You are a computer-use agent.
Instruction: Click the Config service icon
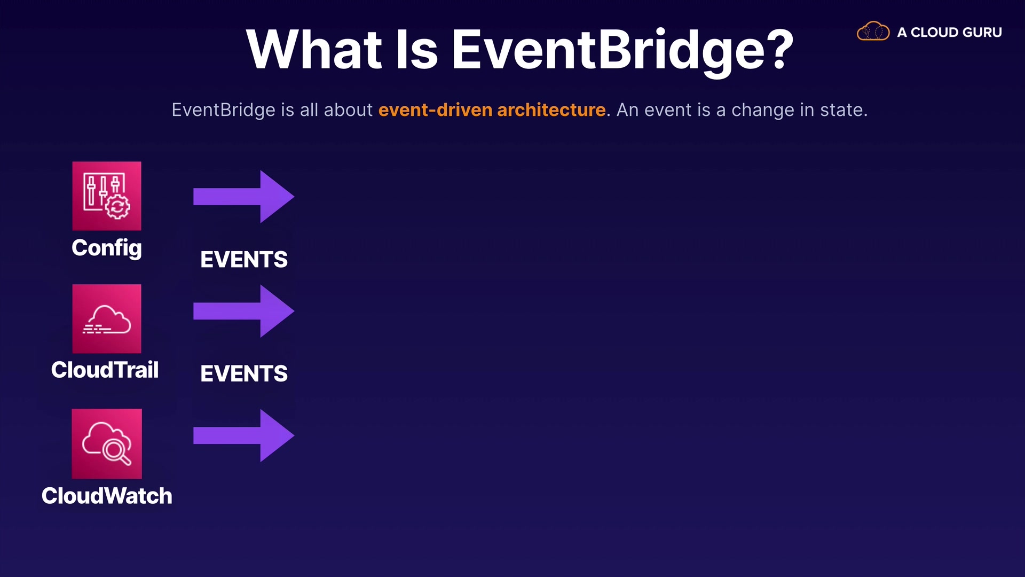[107, 196]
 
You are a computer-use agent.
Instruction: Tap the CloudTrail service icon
[107, 318]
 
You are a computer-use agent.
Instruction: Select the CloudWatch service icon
[107, 443]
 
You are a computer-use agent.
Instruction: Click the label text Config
[107, 248]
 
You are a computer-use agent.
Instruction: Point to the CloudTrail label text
[105, 370]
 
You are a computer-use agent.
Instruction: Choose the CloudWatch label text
[107, 496]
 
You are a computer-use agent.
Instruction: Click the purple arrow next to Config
[243, 197]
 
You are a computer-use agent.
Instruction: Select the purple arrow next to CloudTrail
[243, 311]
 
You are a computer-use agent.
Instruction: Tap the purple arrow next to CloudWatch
[243, 435]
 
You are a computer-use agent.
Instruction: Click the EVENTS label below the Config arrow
[244, 260]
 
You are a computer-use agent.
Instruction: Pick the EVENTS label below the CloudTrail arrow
[244, 373]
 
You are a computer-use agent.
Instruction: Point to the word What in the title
[314, 49]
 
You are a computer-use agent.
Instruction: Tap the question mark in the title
[781, 49]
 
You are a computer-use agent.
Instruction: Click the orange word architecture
[551, 110]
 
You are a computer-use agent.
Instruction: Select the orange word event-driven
[436, 110]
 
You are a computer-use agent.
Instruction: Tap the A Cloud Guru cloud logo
[873, 32]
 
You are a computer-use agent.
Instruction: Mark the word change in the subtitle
[762, 111]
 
